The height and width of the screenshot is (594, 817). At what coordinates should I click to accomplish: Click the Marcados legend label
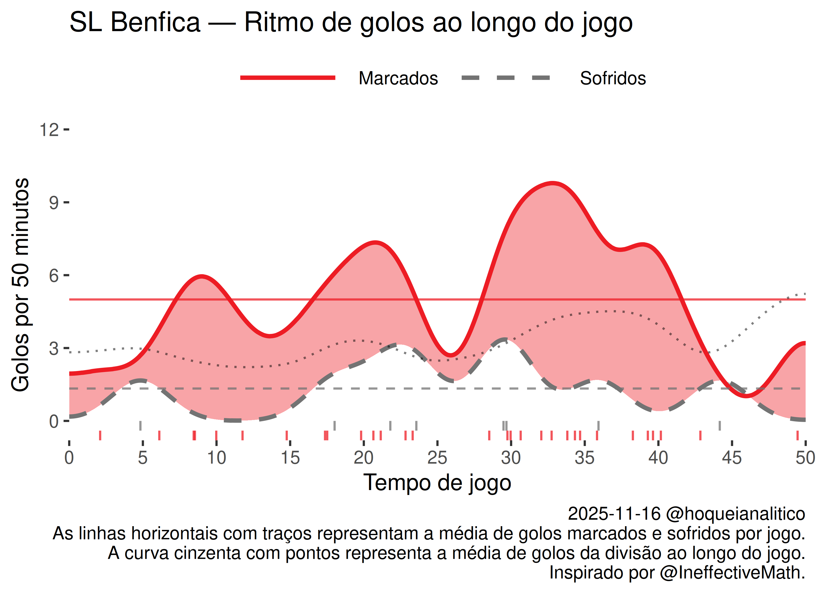pyautogui.click(x=398, y=78)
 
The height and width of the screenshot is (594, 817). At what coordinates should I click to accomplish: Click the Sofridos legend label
pyautogui.click(x=613, y=78)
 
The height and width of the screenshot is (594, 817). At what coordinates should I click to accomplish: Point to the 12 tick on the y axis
pyautogui.click(x=49, y=130)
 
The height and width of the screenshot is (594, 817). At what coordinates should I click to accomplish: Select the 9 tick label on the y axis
pyautogui.click(x=54, y=203)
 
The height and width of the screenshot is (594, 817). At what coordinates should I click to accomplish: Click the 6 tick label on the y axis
pyautogui.click(x=54, y=276)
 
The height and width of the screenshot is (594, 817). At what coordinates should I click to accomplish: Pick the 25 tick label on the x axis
pyautogui.click(x=437, y=458)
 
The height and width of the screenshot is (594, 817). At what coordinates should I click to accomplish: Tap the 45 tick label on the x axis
pyautogui.click(x=732, y=458)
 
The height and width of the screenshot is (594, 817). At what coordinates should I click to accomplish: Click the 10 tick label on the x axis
pyautogui.click(x=216, y=458)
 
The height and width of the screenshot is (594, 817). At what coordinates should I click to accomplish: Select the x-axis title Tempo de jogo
pyautogui.click(x=437, y=483)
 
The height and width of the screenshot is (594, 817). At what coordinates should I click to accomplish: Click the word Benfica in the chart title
pyautogui.click(x=155, y=22)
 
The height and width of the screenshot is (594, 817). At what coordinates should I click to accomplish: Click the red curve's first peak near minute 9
pyautogui.click(x=202, y=277)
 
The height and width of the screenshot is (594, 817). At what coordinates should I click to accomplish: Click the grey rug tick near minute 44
pyautogui.click(x=720, y=425)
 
